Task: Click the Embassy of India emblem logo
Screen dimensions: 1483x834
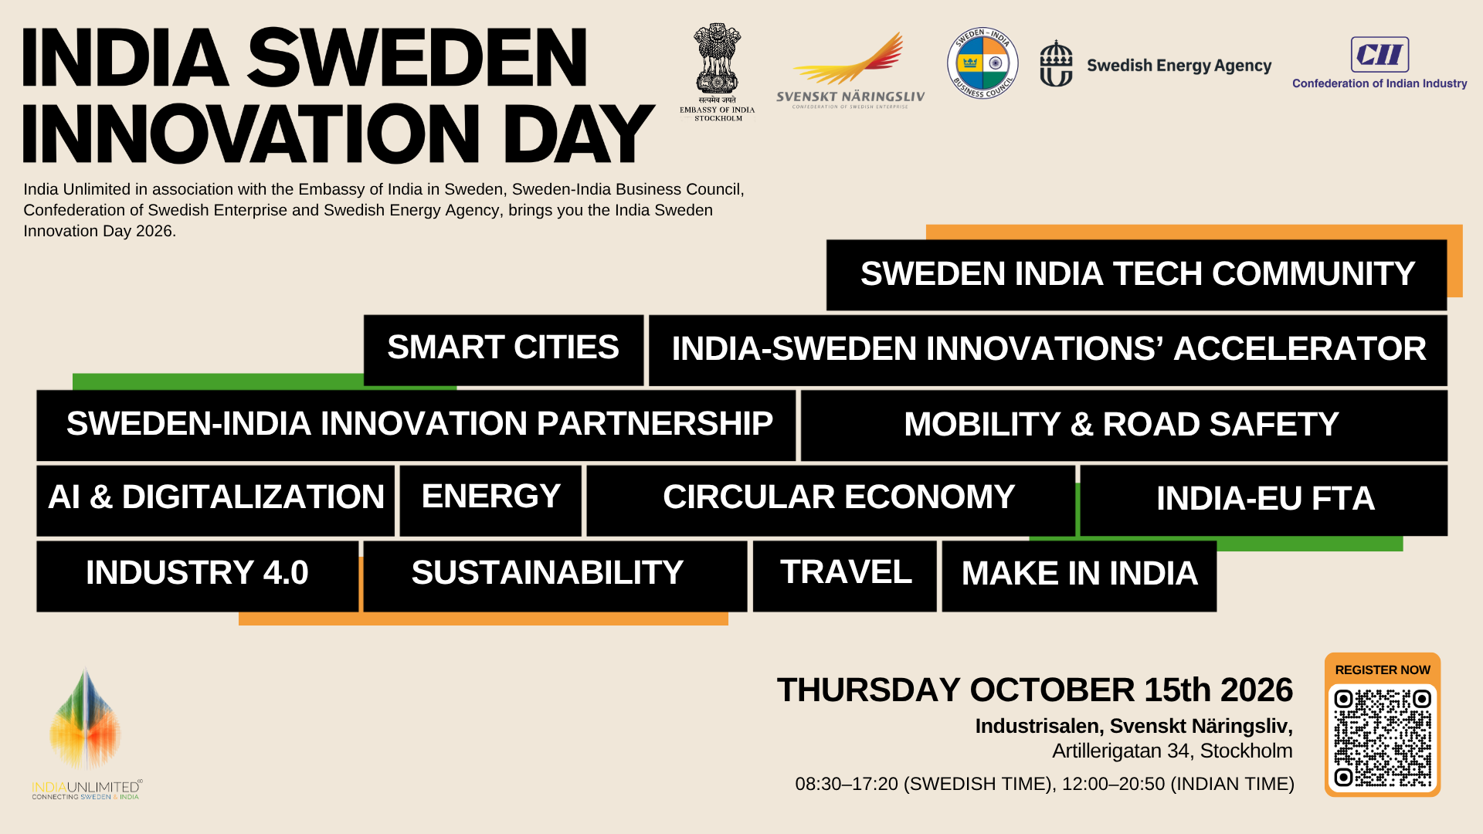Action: click(718, 72)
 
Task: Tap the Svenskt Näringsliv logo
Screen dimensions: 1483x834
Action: click(850, 70)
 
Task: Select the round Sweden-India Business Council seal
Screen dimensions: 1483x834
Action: click(982, 63)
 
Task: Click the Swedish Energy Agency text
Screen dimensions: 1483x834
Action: click(1179, 66)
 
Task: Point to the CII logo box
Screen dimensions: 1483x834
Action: click(1379, 55)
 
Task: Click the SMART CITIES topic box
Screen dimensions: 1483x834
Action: click(504, 350)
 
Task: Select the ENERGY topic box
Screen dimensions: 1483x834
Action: click(490, 500)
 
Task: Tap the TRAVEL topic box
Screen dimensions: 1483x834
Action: click(845, 576)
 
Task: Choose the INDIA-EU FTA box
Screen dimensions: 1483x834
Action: click(1264, 500)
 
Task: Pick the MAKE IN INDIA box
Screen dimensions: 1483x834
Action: click(1079, 576)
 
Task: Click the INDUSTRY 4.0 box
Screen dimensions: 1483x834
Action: click(197, 576)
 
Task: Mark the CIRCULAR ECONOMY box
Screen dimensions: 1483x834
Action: click(830, 500)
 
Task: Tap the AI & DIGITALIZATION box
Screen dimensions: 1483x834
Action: click(215, 500)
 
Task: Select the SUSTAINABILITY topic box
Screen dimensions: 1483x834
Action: click(555, 576)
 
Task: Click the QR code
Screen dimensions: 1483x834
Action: click(1383, 738)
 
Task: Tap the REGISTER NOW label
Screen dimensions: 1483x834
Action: click(1383, 670)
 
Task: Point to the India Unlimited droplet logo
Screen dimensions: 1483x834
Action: click(85, 720)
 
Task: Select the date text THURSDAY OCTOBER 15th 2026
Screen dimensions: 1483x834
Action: click(1035, 690)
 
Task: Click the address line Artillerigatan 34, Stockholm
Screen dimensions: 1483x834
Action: click(1172, 751)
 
